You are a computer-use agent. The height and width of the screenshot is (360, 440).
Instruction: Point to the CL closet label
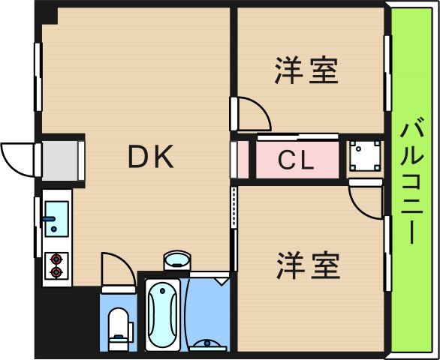coord(297,160)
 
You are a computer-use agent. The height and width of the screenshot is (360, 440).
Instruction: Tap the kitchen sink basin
coord(56,218)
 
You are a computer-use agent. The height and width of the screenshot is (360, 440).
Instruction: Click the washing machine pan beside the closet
coord(366,157)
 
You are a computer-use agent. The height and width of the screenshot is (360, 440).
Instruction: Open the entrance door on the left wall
coord(17,156)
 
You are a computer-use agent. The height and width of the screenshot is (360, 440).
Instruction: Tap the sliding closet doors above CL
coord(297,136)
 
